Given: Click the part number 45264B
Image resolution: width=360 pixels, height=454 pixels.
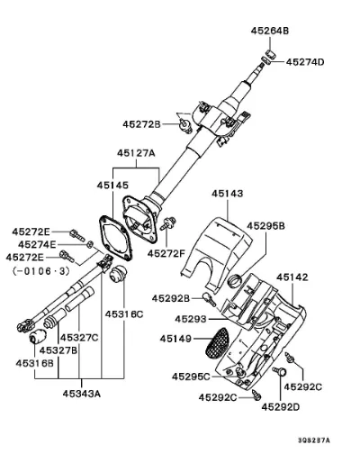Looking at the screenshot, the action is click(270, 31).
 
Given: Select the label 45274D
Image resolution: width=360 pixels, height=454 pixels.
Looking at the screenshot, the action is click(305, 62).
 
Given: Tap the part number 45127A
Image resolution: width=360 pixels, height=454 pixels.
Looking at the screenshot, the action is click(136, 153).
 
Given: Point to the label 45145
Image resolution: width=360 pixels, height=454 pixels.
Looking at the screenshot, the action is click(112, 185).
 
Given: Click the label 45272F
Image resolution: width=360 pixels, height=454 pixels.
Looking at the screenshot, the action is click(166, 254).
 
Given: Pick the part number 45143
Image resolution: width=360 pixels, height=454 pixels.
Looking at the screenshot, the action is click(228, 194).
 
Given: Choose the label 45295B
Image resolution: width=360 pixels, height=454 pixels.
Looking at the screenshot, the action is click(265, 226).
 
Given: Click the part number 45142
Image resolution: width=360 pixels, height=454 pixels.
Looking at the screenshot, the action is click(292, 277).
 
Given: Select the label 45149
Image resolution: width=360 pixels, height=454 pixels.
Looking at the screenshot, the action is click(175, 339).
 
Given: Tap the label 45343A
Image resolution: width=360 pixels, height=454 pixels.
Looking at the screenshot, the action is click(82, 394).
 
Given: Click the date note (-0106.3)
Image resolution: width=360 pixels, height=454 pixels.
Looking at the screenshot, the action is click(41, 271).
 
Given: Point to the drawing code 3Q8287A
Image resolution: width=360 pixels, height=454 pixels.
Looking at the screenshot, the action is click(314, 440).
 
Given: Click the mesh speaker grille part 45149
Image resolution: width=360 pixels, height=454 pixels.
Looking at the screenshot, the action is click(217, 343).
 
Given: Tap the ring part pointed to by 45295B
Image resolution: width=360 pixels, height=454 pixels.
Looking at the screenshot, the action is click(235, 281).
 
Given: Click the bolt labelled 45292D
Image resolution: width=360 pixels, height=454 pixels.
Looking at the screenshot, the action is click(280, 372).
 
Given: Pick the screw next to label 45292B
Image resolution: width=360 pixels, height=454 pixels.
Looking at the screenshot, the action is click(209, 299).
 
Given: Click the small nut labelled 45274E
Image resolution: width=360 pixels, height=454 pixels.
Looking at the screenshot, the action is click(89, 244).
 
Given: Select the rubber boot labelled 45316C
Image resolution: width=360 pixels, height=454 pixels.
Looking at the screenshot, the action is click(118, 274).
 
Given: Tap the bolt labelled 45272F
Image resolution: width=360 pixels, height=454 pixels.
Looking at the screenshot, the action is click(168, 223).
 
